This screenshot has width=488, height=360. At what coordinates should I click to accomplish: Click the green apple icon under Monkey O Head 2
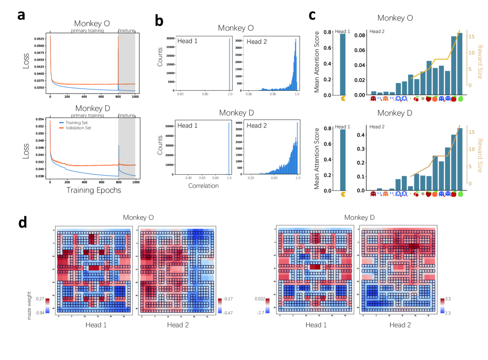[461, 99]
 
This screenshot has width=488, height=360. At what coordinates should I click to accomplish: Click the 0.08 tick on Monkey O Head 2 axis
[359, 35]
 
